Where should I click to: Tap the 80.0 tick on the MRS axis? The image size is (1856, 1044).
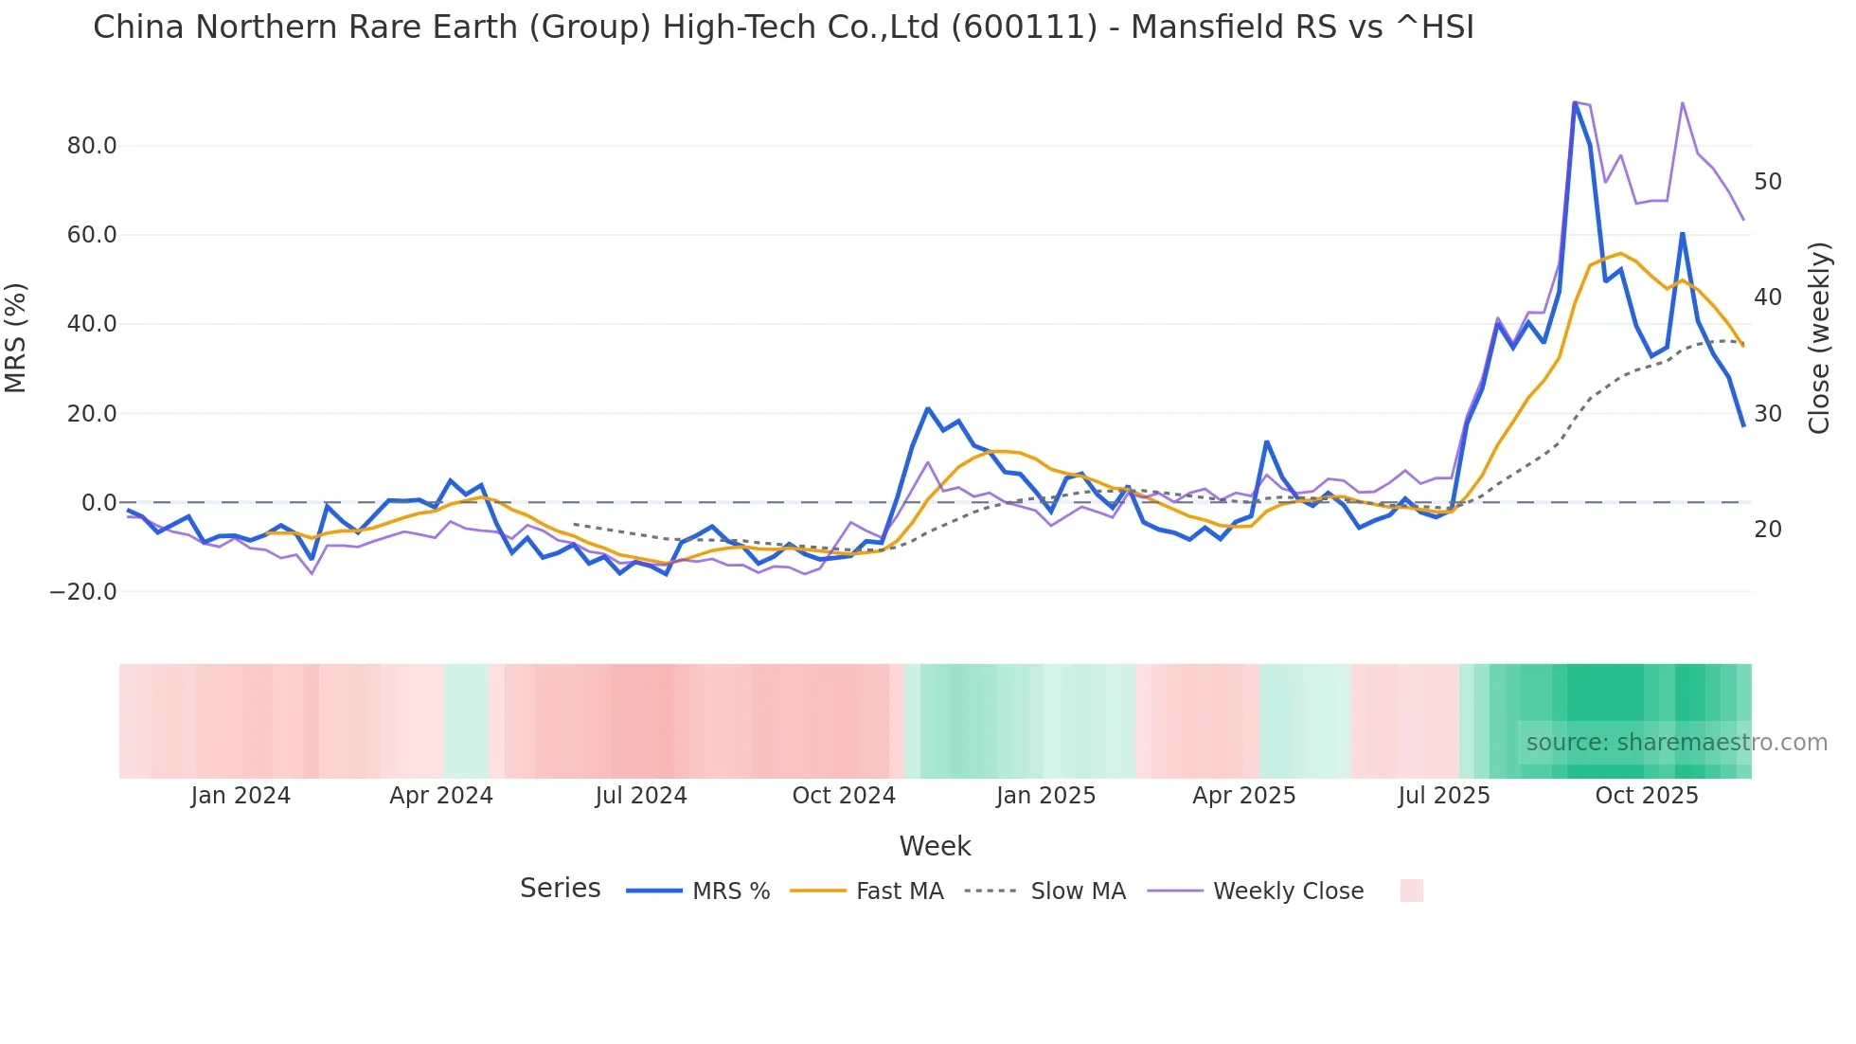point(92,146)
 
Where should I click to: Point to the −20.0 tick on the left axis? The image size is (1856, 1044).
point(83,592)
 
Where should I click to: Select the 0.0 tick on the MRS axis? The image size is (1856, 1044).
point(98,503)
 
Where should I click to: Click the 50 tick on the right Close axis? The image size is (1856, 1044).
point(1768,181)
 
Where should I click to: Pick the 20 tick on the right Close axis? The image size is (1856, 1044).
point(1768,530)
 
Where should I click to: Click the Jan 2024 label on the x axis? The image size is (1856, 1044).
point(241,796)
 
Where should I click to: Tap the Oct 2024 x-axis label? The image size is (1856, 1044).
point(844,796)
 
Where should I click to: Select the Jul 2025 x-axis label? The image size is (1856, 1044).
point(1444,796)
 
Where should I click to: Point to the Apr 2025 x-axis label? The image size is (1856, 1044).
point(1244,796)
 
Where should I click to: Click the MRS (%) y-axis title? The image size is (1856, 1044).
point(16,338)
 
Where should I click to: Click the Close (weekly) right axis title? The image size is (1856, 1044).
point(1819,338)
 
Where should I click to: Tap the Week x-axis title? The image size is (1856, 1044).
point(935,846)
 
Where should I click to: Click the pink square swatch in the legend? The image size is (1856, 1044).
point(1412,891)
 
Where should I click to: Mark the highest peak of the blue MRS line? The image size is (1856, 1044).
point(1574,102)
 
